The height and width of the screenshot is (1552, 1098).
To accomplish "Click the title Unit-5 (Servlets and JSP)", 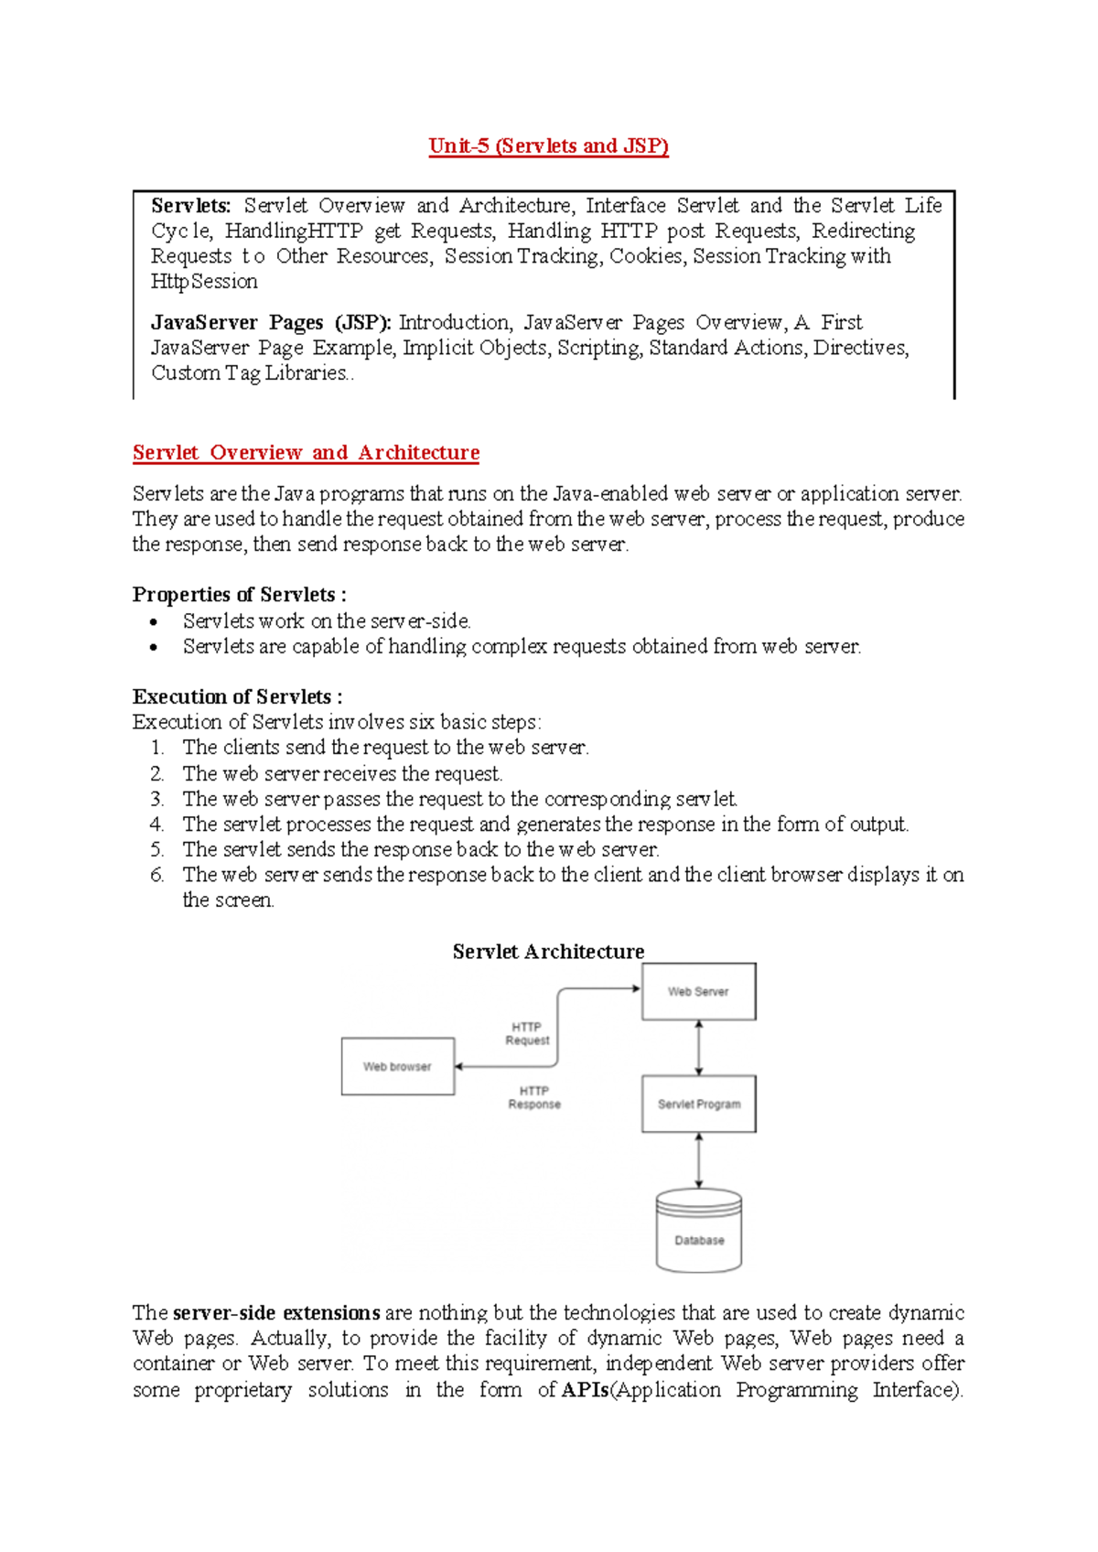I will (x=548, y=146).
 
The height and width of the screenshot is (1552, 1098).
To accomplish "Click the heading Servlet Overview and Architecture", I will (x=306, y=453).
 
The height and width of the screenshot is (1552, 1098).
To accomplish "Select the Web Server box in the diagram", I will (x=698, y=992).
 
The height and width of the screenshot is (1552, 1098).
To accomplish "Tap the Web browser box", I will (x=397, y=1067).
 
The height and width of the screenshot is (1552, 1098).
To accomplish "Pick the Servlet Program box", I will (x=698, y=1105).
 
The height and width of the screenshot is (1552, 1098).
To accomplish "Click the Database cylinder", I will (x=698, y=1233).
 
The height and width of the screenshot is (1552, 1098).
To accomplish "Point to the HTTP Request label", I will (x=527, y=1034).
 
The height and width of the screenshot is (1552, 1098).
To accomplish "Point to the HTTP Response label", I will (x=534, y=1098).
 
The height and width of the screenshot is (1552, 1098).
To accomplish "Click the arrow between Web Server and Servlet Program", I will (x=699, y=1048).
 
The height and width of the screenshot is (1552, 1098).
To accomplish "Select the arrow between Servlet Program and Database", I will (x=699, y=1160).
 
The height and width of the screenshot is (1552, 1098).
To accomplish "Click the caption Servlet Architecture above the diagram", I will (x=548, y=952).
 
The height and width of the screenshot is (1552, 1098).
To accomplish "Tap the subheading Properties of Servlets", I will (x=239, y=595).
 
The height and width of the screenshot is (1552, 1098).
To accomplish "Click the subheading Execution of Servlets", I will (x=237, y=697).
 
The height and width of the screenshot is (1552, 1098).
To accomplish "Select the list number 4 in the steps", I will (x=156, y=824).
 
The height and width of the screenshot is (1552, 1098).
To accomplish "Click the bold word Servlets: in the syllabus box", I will (x=190, y=206).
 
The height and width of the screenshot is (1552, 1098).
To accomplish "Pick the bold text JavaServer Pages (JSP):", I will (x=271, y=323).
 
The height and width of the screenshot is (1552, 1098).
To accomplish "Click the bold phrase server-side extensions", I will (x=276, y=1313).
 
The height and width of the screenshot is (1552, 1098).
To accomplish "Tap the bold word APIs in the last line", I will (x=585, y=1390).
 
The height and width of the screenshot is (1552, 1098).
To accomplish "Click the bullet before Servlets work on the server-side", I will (x=154, y=622).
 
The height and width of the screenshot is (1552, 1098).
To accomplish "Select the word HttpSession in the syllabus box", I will (x=204, y=282).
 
